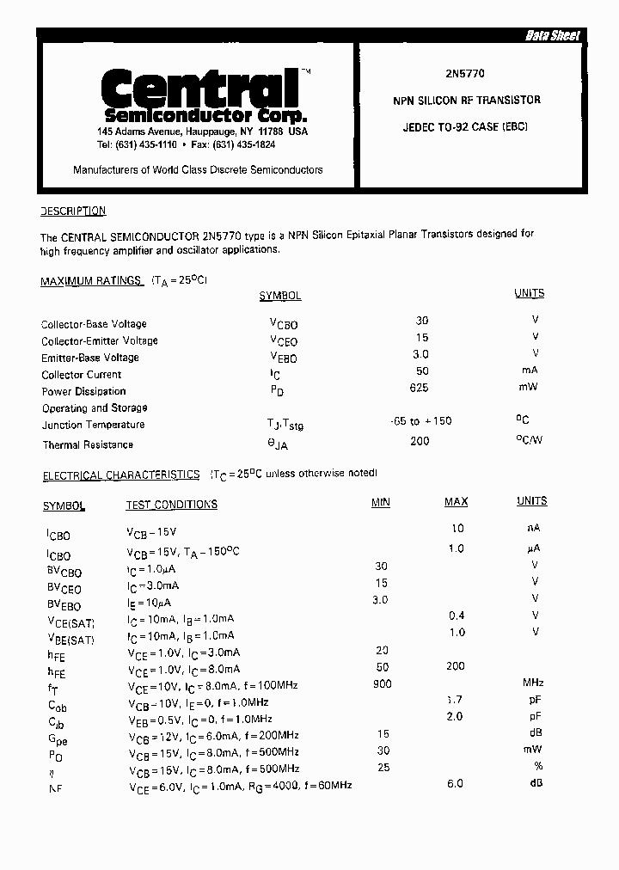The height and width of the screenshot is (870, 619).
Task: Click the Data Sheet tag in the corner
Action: click(x=553, y=35)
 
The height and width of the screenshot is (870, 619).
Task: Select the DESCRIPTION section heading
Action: click(x=73, y=211)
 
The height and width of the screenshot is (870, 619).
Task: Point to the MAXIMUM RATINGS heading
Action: click(x=91, y=281)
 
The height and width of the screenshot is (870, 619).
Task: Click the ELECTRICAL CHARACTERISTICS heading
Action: click(x=121, y=475)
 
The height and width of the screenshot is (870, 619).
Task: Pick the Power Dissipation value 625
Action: click(x=420, y=389)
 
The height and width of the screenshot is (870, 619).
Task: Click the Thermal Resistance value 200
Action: click(x=420, y=441)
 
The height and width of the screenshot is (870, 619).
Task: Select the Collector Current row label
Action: click(x=82, y=375)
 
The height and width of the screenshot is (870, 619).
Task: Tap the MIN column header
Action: click(x=380, y=502)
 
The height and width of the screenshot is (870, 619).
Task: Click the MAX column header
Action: click(x=456, y=501)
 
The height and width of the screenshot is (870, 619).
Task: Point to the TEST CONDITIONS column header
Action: click(x=171, y=505)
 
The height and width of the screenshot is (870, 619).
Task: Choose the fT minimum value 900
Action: click(x=382, y=683)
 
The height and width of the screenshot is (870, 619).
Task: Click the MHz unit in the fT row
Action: click(x=534, y=683)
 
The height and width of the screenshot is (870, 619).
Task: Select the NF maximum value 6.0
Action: click(x=455, y=783)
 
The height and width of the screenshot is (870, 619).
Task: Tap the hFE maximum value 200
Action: click(x=456, y=666)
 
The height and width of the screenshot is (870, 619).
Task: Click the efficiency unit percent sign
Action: click(x=537, y=767)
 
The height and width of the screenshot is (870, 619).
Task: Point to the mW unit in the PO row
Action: click(x=535, y=750)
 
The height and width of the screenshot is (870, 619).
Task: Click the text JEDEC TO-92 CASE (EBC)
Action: click(x=465, y=126)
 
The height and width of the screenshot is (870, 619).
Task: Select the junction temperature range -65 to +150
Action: click(x=420, y=421)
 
